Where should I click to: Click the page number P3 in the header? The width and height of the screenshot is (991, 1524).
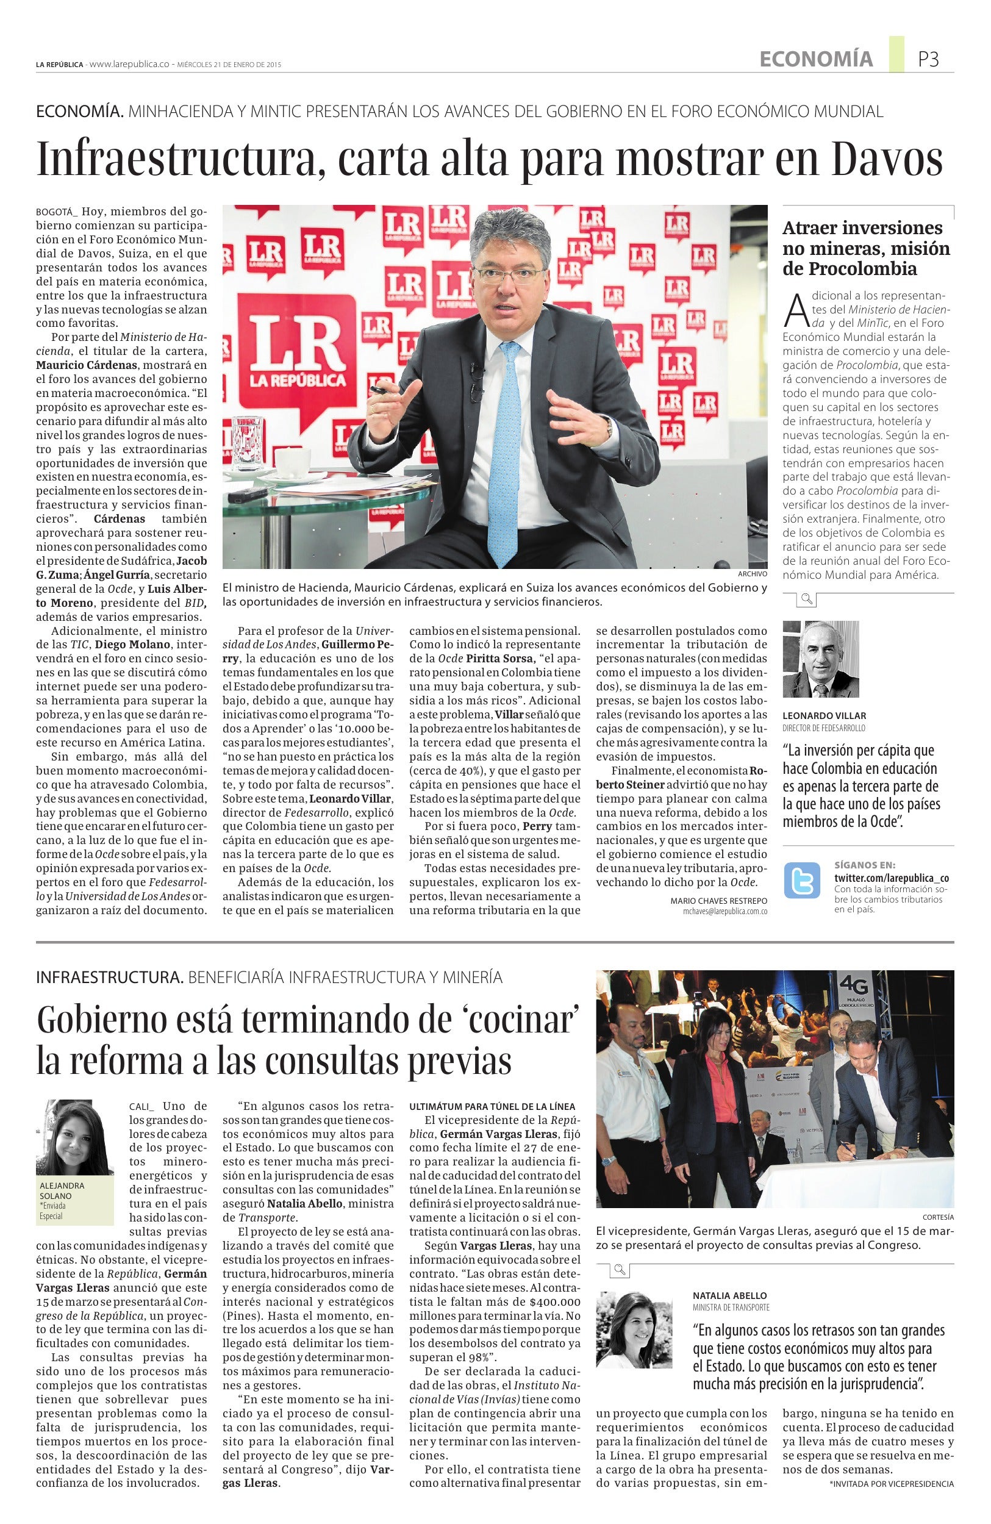pos(928,59)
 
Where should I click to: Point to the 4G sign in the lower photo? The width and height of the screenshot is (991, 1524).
pos(856,987)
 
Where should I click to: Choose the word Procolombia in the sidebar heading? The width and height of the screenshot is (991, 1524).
pos(850,269)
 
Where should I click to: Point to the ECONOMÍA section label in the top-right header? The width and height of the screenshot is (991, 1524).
pos(815,59)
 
